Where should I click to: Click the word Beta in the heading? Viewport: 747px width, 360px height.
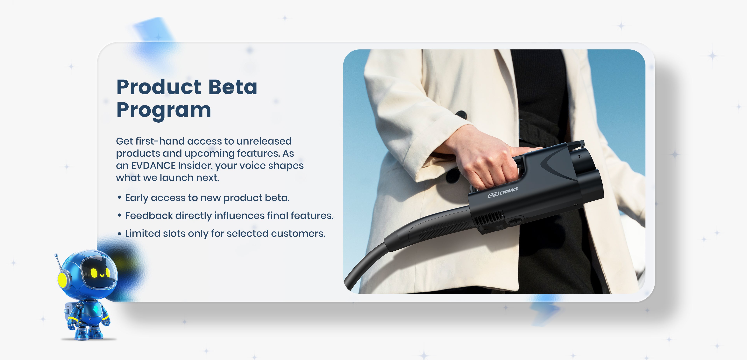(x=233, y=87)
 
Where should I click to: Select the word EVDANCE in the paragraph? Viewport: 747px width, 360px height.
(x=153, y=165)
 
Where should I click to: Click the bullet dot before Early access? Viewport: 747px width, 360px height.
(x=119, y=198)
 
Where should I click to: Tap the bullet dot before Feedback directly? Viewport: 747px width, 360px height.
(x=119, y=216)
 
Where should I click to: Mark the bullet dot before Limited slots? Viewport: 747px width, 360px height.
(x=119, y=233)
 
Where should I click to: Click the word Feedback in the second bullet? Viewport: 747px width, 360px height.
(x=149, y=216)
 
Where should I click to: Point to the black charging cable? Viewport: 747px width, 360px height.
(x=377, y=255)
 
